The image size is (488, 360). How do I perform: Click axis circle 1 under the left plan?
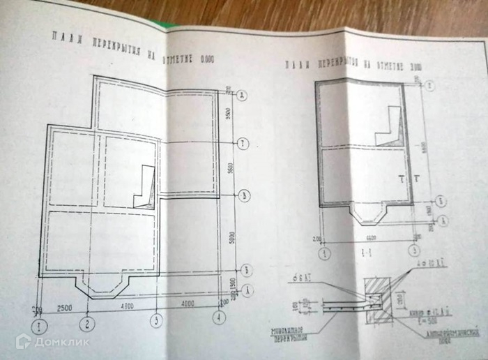point(42,324)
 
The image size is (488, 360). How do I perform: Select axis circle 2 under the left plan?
point(86,323)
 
